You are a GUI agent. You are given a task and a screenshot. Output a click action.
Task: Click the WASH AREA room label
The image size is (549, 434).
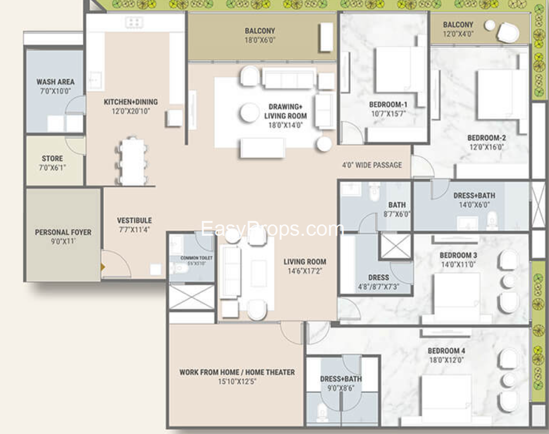[55, 82]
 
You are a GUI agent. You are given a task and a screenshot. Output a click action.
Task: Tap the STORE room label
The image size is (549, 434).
[52, 158]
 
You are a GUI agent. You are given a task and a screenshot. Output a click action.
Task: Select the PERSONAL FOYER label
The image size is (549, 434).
[63, 232]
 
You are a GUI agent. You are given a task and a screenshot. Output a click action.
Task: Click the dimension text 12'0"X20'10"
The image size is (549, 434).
[130, 111]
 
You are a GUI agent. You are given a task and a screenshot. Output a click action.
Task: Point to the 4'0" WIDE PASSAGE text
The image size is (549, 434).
[372, 165]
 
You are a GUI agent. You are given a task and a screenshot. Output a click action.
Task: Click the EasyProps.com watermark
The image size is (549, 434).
[272, 229]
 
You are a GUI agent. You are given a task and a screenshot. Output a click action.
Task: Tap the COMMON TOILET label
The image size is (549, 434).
[196, 258]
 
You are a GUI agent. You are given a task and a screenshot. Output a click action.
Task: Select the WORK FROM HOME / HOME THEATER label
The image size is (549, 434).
[237, 372]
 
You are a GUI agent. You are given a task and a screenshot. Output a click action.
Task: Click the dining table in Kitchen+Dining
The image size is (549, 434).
[133, 161]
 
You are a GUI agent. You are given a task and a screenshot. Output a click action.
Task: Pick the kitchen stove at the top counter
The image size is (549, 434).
[134, 22]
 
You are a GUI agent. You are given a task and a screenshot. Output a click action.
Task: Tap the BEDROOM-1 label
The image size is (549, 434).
[388, 105]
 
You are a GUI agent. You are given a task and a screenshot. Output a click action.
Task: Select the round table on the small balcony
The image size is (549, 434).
[489, 26]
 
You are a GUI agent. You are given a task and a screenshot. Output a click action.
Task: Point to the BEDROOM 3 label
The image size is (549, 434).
[458, 255]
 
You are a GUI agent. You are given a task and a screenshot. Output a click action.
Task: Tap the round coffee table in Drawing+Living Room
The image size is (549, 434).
[250, 112]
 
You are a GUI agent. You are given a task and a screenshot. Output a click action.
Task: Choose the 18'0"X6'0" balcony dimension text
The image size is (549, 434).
[260, 40]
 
